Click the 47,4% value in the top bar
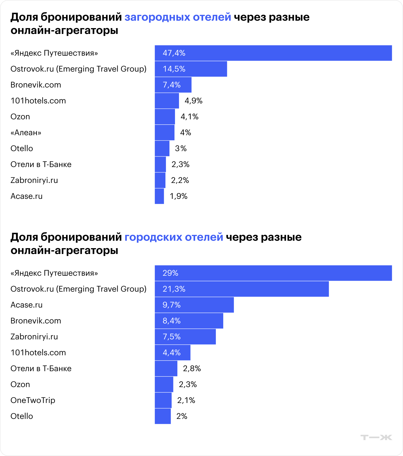tap(174, 53)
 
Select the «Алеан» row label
tap(26, 133)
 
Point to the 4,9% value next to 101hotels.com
tap(194, 101)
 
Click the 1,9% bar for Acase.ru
tap(159, 196)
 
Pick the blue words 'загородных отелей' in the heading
tap(178, 17)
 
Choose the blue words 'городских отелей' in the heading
tap(174, 237)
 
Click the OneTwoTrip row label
tap(33, 400)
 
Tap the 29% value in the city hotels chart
tap(170, 273)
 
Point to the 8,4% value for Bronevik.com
tap(172, 321)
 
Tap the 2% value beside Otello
tap(182, 416)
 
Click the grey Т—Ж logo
tap(376, 437)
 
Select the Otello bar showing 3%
tap(162, 148)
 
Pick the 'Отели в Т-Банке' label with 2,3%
tap(41, 164)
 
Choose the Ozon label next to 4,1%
tap(20, 117)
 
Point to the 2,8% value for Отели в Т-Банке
tap(192, 369)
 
